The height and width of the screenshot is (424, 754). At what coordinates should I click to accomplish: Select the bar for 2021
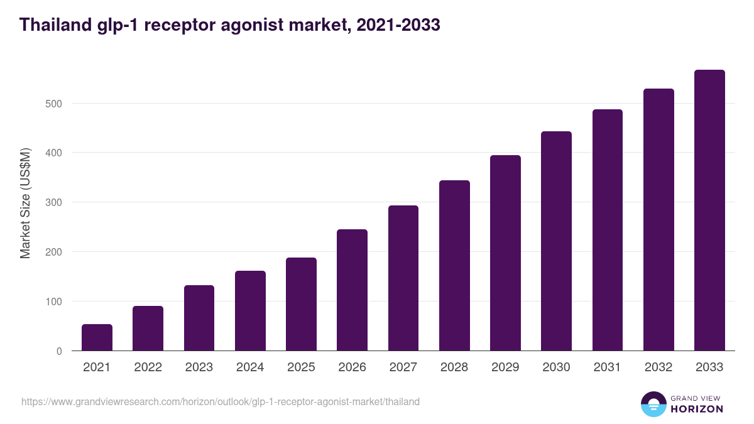point(97,337)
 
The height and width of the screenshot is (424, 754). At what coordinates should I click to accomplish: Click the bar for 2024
point(250,311)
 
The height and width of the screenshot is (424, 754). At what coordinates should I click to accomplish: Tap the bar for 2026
point(352,290)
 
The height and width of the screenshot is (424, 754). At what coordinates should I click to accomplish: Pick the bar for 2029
point(505,253)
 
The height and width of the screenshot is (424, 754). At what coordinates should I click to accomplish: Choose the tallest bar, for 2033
point(709,210)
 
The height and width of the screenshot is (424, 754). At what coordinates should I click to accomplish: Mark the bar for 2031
point(607,230)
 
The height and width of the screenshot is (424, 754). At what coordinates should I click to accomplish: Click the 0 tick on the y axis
point(59,351)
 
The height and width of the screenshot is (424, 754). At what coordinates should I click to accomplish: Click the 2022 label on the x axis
point(148,367)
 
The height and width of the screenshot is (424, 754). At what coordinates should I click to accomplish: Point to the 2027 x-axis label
point(403,367)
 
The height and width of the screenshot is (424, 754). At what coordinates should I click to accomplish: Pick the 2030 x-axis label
point(556,367)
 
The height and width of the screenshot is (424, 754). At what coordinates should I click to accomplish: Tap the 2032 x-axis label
point(658,367)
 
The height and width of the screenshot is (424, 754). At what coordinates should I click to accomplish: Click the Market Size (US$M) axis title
point(25,203)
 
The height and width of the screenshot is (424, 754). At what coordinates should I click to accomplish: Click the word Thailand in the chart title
point(55,25)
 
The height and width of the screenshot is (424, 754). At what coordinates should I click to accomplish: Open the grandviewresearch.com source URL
point(221,401)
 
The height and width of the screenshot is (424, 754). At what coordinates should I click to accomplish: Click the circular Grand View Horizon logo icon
point(653,405)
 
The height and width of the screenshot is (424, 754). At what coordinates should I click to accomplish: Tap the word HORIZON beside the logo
point(696,409)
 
